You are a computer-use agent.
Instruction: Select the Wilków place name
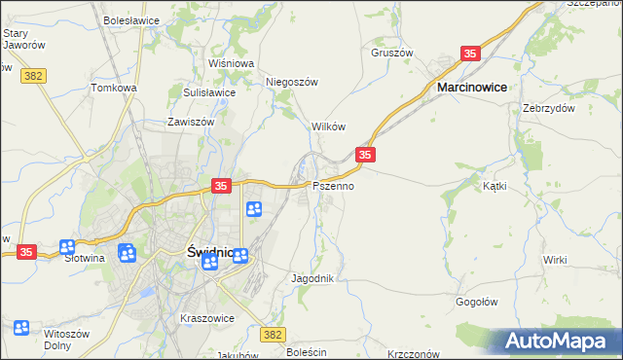328,127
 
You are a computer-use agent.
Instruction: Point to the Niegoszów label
293,83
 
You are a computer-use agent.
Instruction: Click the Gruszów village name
392,53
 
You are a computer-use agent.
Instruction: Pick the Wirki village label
555,260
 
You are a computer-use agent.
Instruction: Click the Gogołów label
477,303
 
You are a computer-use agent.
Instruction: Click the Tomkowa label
114,88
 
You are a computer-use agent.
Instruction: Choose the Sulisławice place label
209,92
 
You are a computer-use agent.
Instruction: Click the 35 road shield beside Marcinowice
471,54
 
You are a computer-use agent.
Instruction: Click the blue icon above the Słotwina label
67,248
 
